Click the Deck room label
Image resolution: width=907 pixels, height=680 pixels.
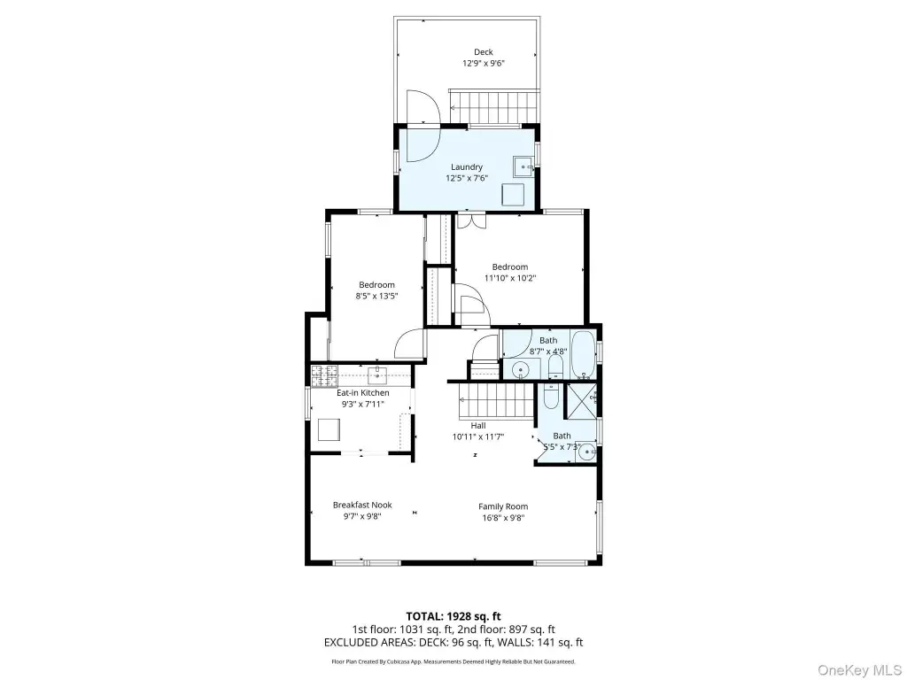[x=483, y=52]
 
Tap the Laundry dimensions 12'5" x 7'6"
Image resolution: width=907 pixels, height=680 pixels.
[x=466, y=178]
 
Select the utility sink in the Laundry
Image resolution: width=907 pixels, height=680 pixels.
[x=523, y=166]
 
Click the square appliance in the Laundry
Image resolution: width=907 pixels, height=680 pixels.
[x=513, y=194]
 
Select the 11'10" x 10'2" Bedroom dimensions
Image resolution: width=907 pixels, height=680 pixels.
[x=509, y=278]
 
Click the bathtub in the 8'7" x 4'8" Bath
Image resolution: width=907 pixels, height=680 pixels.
[x=583, y=354]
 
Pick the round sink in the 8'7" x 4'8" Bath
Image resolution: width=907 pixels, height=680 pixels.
[x=521, y=368]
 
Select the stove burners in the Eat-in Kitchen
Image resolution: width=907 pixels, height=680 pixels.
[x=324, y=376]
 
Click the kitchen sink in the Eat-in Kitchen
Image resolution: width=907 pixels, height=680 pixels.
[x=376, y=375]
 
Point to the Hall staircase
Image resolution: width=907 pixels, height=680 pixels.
[x=496, y=400]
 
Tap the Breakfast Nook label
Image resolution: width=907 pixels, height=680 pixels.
[x=362, y=505]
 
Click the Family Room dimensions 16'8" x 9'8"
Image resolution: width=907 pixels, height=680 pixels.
[x=503, y=518]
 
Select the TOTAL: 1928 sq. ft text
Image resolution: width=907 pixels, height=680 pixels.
[x=453, y=616]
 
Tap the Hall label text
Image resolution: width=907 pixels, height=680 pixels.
[x=477, y=426]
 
